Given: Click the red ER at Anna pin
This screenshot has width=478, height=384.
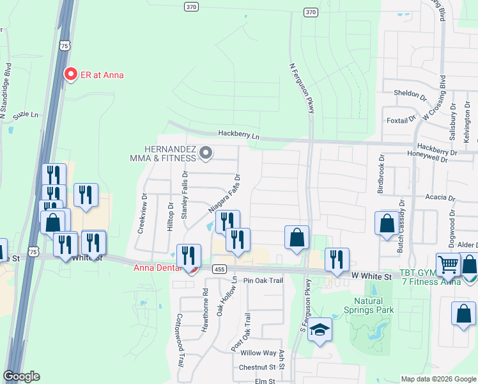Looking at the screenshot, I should pyautogui.click(x=72, y=74).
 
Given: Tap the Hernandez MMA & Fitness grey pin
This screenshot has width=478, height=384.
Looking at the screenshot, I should pyautogui.click(x=206, y=153).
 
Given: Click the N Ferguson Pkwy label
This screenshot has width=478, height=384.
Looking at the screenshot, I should pyautogui.click(x=302, y=88).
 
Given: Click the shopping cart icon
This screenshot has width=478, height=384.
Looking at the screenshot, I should pyautogui.click(x=448, y=263).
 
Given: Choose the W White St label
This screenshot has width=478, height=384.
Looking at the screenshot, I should pyautogui.click(x=371, y=276).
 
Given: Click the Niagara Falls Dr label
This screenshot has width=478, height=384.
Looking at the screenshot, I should pyautogui.click(x=224, y=193).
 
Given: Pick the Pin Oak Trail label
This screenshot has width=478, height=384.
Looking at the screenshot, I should pyautogui.click(x=263, y=280).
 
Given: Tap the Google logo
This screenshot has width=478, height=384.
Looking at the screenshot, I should pyautogui.click(x=22, y=376).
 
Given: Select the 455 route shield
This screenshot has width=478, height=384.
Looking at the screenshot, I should pyautogui.click(x=219, y=269).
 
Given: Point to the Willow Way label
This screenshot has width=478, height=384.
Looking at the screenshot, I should pyautogui.click(x=258, y=353).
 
